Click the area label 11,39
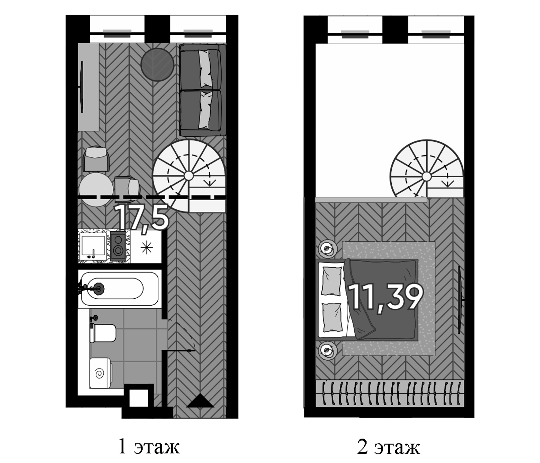385,297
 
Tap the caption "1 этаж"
149,446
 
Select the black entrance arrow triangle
200,401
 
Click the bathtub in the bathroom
119,289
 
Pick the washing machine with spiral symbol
100,373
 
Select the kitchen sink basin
93,245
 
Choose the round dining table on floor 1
96,189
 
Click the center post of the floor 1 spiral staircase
188,176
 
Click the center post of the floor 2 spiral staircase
426,176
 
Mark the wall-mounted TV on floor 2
460,300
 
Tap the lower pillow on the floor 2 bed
331,317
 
